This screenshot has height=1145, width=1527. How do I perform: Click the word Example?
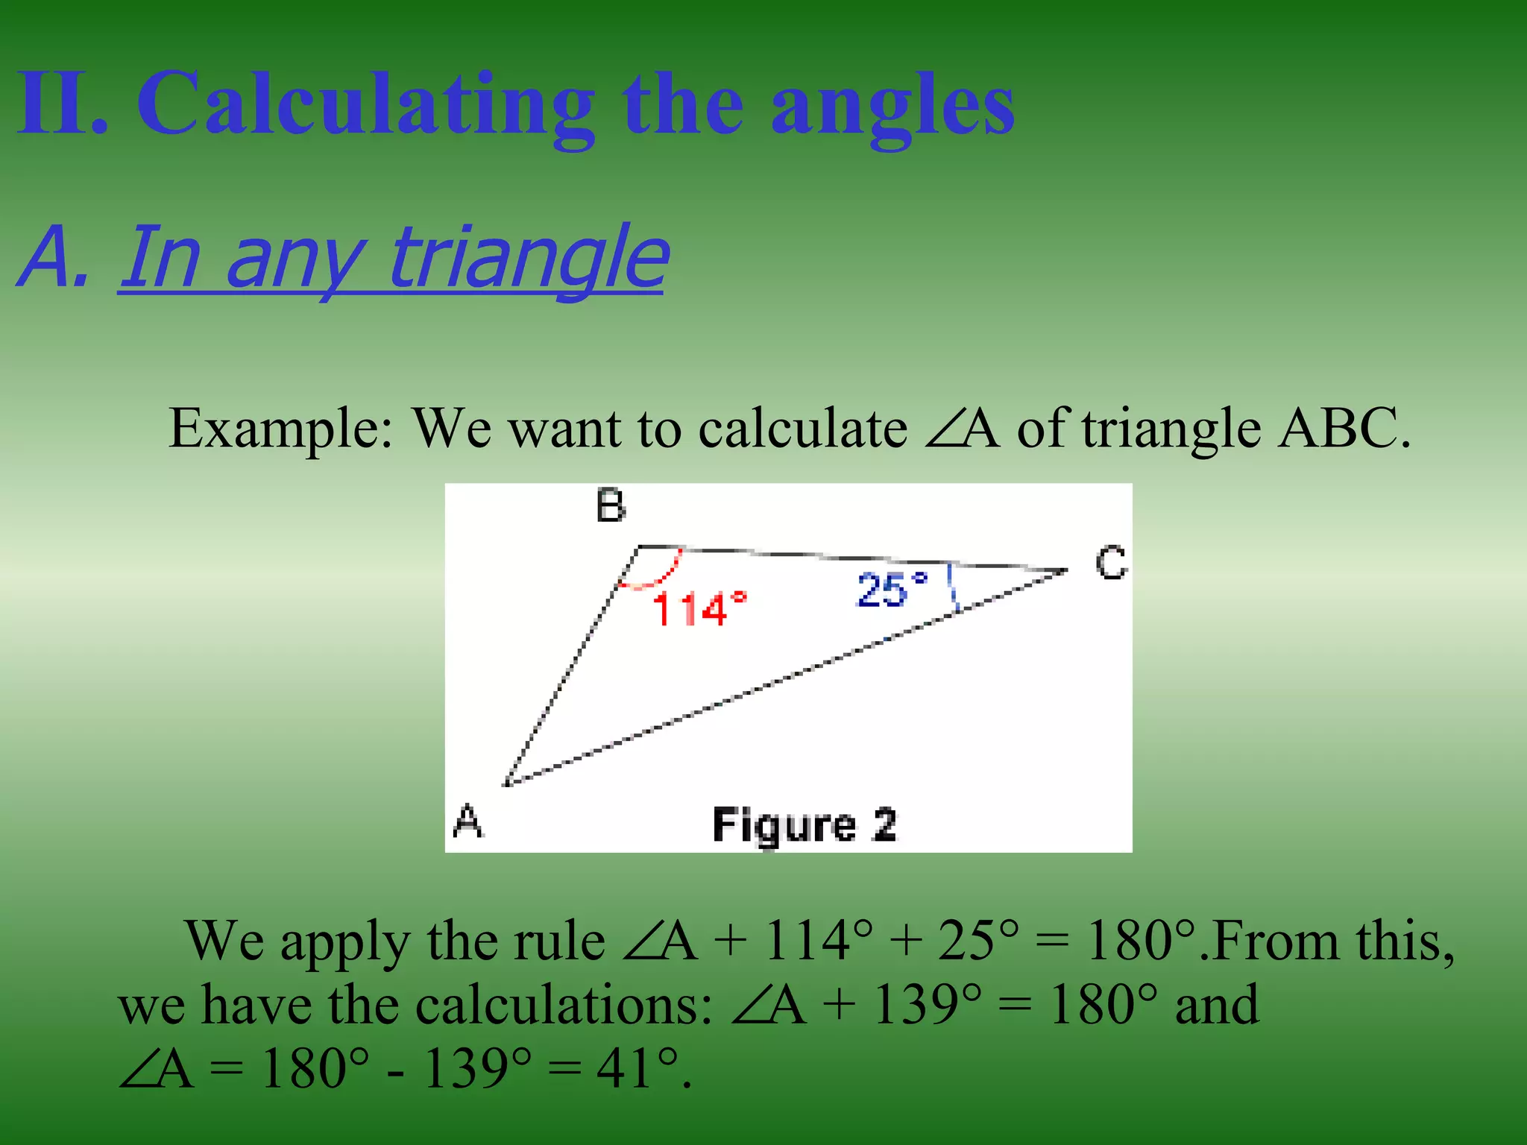(280, 430)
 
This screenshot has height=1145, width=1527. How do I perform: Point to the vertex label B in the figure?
(611, 506)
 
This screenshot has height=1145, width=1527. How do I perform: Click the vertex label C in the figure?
(1111, 563)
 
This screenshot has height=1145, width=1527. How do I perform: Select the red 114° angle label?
(699, 609)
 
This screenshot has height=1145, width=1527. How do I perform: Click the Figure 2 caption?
(804, 825)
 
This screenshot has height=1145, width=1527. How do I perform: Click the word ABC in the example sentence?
(1343, 430)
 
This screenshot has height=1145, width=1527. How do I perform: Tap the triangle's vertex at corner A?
(506, 784)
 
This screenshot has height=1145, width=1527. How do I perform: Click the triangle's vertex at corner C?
(1066, 570)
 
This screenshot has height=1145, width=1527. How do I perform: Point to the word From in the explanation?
(1275, 941)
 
